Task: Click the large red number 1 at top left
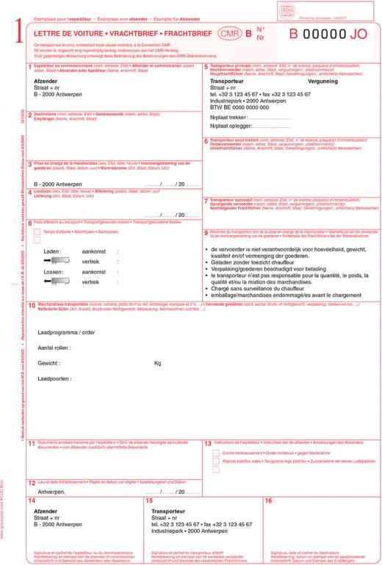(10, 33)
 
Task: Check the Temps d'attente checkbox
(37, 232)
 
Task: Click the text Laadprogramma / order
(66, 332)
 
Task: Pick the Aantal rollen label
(54, 348)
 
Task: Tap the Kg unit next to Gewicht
(157, 363)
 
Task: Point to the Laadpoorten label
(55, 378)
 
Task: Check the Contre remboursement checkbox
(216, 453)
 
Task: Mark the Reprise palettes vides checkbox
(216, 463)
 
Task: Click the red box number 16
(269, 501)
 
